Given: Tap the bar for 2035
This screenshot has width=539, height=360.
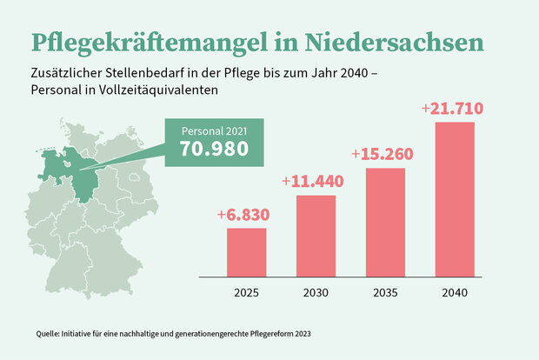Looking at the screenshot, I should click(x=385, y=221).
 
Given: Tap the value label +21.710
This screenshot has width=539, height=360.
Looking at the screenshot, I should click(x=451, y=110).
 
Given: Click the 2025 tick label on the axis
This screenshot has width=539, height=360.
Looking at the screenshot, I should click(x=246, y=292).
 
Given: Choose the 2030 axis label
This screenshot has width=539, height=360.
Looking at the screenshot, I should click(x=316, y=292).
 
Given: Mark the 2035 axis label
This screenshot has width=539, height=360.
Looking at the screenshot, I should click(x=385, y=292).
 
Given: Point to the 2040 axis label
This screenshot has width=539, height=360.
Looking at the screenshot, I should click(x=455, y=292).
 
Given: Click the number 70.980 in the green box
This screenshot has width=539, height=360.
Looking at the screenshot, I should click(x=214, y=149).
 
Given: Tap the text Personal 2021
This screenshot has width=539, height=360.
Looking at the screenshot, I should click(x=214, y=130).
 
